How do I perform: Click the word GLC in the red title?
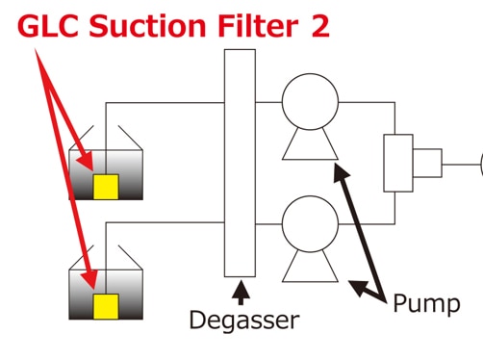pos(48,26)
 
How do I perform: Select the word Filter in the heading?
pos(258,26)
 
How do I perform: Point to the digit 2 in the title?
pos(320,26)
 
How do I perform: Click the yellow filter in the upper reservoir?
pos(106,187)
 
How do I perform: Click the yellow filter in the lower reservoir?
pos(106,306)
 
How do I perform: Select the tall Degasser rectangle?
pos(240,163)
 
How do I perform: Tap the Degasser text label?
pos(244,321)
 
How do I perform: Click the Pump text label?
pos(426,303)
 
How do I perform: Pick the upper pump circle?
pos(310,102)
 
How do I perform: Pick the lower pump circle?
pos(310,224)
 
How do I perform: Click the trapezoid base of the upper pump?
pos(310,144)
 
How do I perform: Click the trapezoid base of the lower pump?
pos(310,267)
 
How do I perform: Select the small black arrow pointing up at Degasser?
pos(241,293)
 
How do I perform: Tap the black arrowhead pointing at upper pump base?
pos(341,172)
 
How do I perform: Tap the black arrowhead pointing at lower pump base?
pos(359,288)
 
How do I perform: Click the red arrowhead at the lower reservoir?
pos(89,280)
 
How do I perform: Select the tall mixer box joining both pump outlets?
pos(398,163)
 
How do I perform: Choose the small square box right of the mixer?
pos(427,163)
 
